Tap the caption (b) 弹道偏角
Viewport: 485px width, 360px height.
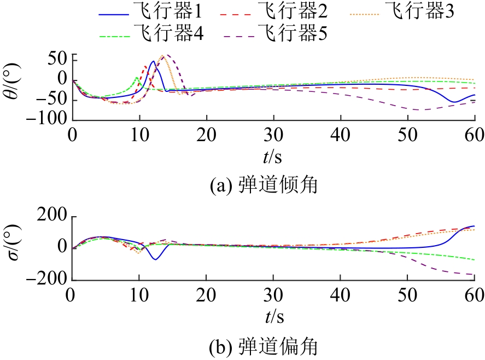coord(265,346)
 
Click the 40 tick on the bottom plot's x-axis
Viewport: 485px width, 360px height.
coord(340,296)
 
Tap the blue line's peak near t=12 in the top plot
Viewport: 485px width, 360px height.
coord(153,61)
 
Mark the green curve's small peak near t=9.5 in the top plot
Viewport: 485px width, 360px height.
coord(136,78)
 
